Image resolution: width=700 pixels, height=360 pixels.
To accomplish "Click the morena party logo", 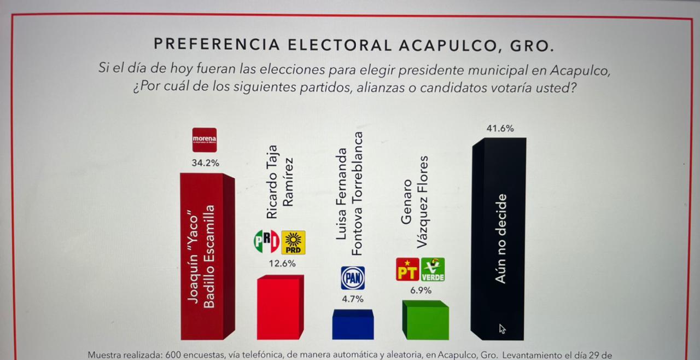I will (204, 140).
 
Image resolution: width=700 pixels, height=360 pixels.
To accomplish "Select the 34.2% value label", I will (205, 163).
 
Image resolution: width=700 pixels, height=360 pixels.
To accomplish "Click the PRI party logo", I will (266, 242).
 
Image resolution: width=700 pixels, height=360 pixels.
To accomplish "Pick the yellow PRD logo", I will (293, 242).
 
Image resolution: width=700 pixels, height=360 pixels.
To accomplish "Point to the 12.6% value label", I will (282, 264).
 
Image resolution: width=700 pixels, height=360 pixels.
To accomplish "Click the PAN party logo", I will (353, 278).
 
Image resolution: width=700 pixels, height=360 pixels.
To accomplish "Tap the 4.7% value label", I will (353, 299).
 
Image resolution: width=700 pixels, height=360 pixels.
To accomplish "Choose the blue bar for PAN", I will (353, 326).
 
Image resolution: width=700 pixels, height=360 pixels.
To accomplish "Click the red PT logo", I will (407, 270).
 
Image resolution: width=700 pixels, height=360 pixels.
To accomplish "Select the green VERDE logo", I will (433, 270).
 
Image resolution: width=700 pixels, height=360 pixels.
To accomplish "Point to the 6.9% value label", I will (421, 291).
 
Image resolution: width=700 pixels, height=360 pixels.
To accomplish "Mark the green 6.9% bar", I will (425, 321).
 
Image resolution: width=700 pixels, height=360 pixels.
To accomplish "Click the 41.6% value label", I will (500, 129).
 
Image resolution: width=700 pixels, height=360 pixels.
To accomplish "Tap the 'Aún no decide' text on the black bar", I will (500, 239).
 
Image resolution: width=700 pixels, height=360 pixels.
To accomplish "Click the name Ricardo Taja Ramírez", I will (279, 182).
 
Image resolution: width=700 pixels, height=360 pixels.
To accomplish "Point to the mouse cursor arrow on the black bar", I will (502, 328).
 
